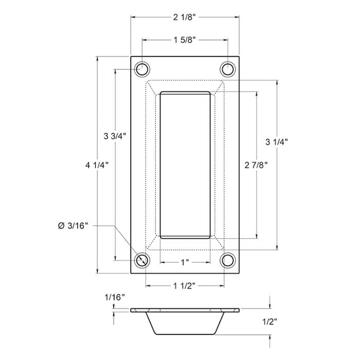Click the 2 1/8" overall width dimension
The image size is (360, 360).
click(185, 17)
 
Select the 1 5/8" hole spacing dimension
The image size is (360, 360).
click(185, 40)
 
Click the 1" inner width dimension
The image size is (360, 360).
click(185, 262)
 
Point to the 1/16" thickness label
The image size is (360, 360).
click(114, 298)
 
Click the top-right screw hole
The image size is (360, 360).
click(227, 68)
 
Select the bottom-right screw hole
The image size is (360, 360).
click(227, 260)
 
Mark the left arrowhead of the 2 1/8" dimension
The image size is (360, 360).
click(133, 17)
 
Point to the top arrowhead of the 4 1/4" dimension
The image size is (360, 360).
click(97, 58)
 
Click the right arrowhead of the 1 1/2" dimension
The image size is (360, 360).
click(225, 285)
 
